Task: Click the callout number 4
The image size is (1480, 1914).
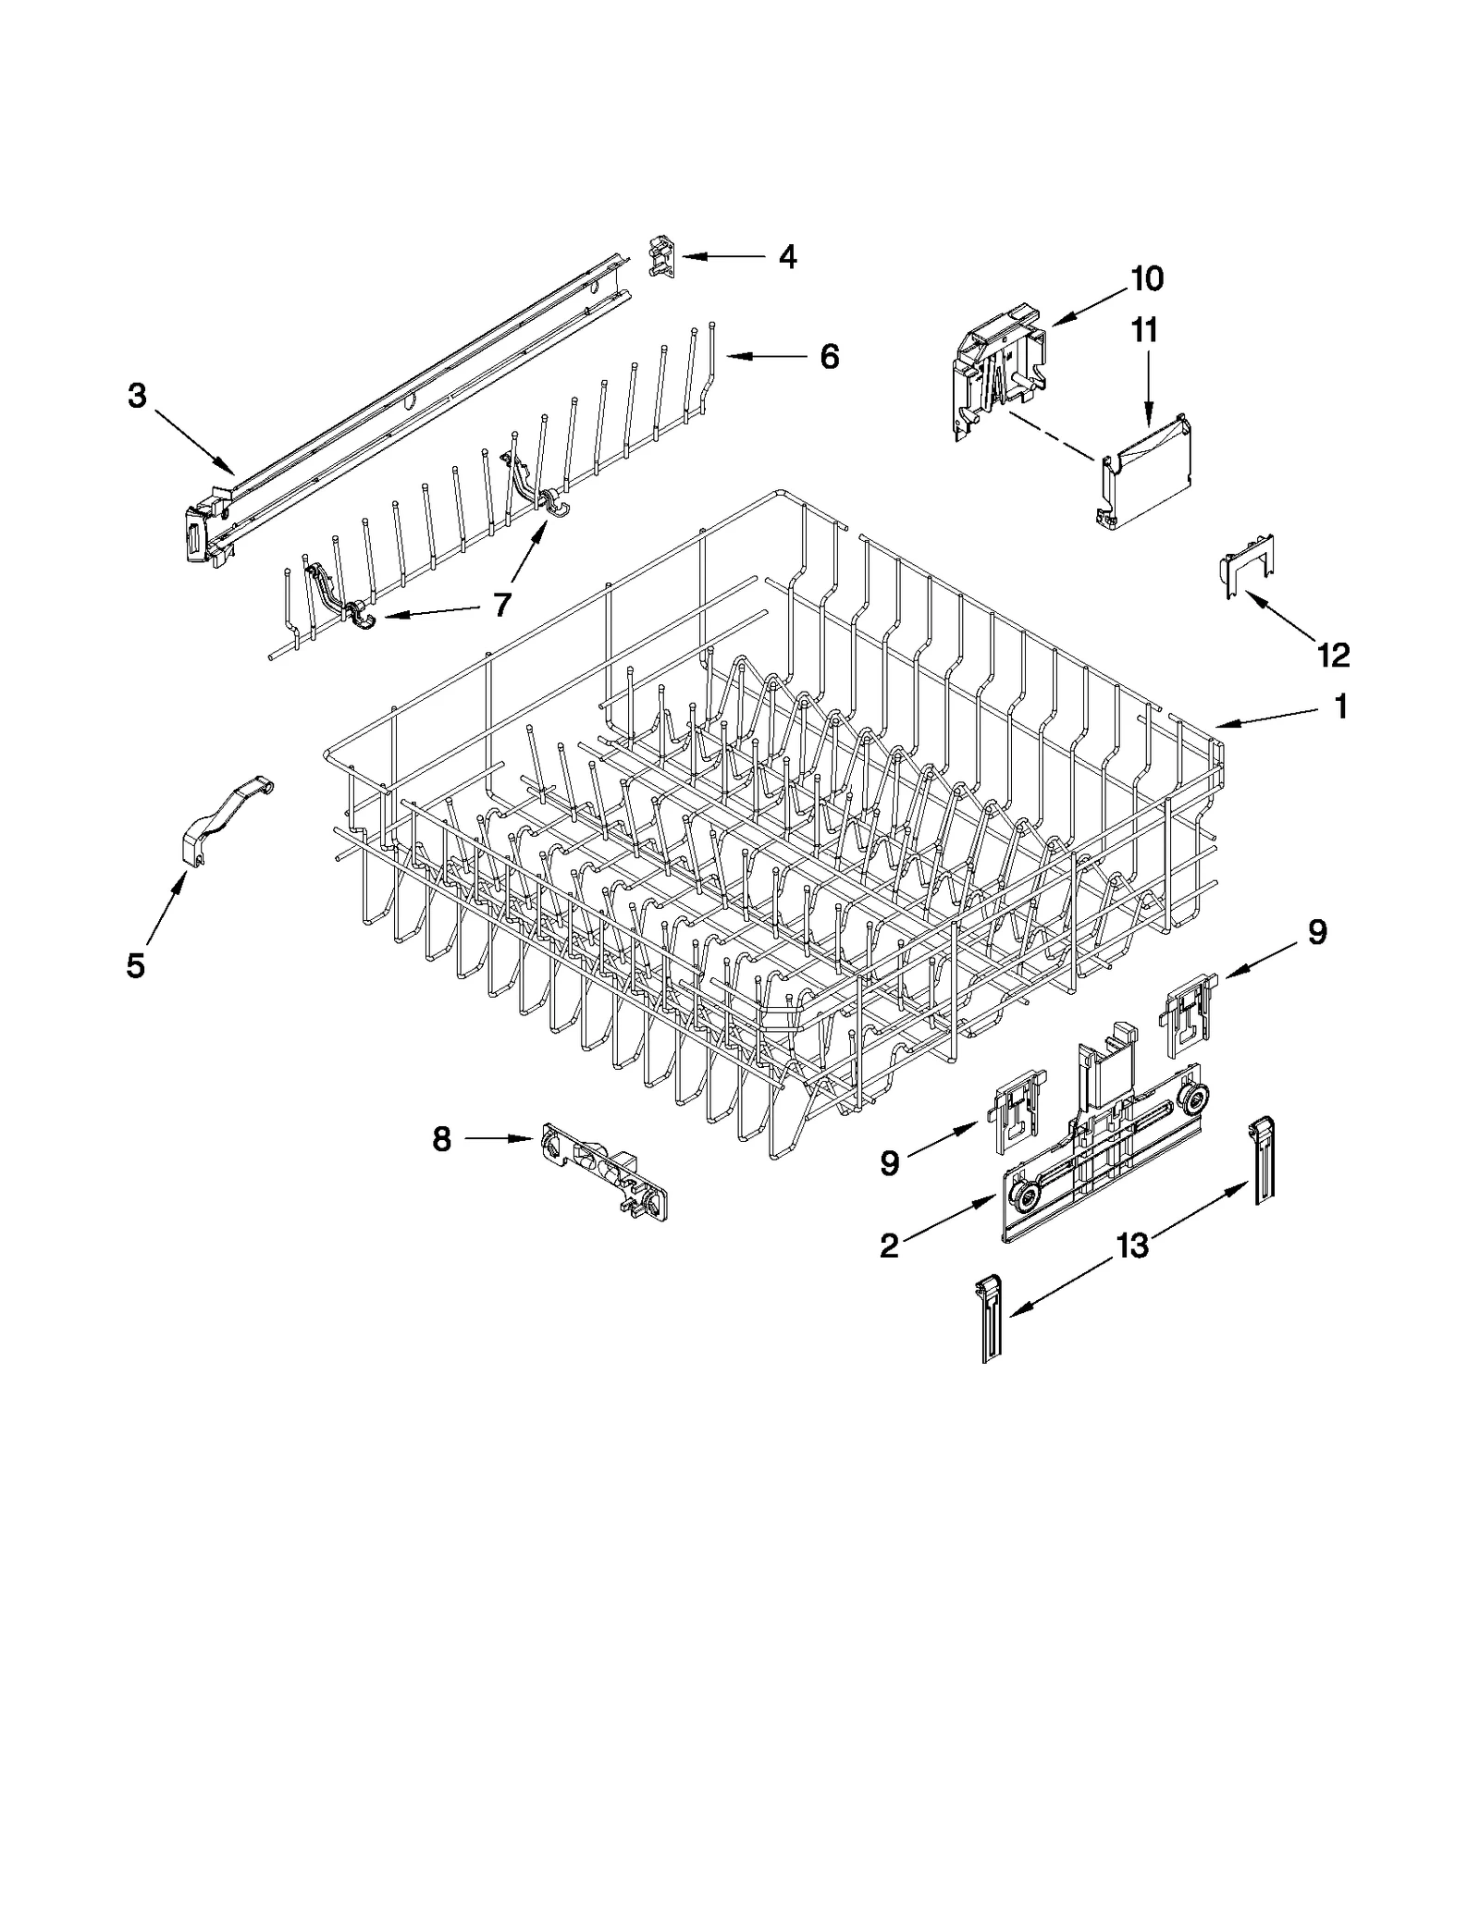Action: [787, 256]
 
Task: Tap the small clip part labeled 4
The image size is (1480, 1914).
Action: [662, 257]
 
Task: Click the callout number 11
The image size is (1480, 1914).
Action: [1145, 330]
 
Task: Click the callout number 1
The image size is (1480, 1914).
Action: [1340, 707]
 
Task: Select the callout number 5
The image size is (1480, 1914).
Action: [136, 966]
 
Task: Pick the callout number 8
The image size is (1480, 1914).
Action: [442, 1139]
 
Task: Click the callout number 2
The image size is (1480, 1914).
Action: [889, 1246]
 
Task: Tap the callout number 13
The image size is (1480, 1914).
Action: [1132, 1245]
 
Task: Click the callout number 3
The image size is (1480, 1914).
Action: [137, 397]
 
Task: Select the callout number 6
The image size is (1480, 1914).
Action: [830, 356]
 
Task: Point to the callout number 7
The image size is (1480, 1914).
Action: [501, 605]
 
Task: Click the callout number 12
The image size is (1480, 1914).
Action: [1334, 656]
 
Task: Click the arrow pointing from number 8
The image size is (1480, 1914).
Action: [499, 1139]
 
